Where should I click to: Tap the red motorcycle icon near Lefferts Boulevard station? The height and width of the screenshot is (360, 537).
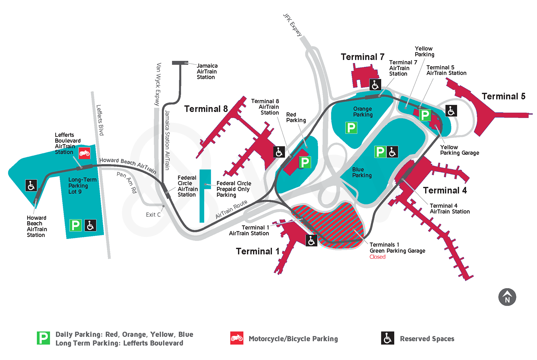[x=84, y=153]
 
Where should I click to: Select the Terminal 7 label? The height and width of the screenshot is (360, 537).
[x=362, y=57]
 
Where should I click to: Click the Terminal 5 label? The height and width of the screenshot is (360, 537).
[x=503, y=97]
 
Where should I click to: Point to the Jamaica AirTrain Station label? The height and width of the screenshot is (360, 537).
[x=207, y=72]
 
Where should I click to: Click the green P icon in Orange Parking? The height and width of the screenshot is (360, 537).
[x=351, y=128]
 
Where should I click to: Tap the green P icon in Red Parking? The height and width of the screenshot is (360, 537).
[x=304, y=162]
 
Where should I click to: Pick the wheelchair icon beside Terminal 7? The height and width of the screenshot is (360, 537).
[x=375, y=85]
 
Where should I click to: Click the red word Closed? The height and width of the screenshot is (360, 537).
[x=377, y=257]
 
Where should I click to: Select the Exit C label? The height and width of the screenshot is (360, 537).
[x=153, y=215]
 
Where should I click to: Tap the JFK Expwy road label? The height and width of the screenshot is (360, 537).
[x=292, y=25]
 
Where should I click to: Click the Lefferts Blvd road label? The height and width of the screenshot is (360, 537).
[x=100, y=120]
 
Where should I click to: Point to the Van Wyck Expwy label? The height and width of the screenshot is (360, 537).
[x=158, y=84]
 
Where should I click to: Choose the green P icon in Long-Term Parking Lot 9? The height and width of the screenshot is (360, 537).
[x=75, y=225]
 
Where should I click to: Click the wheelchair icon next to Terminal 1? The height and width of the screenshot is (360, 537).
[x=311, y=240]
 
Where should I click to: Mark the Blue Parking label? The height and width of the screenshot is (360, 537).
[x=362, y=172]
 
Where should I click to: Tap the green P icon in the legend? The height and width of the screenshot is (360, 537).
[x=43, y=338]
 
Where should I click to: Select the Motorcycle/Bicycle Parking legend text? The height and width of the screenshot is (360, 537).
[x=293, y=339]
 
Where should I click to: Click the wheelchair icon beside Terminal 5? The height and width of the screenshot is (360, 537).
[x=451, y=111]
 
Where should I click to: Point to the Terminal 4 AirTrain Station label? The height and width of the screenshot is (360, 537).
[x=449, y=209]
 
